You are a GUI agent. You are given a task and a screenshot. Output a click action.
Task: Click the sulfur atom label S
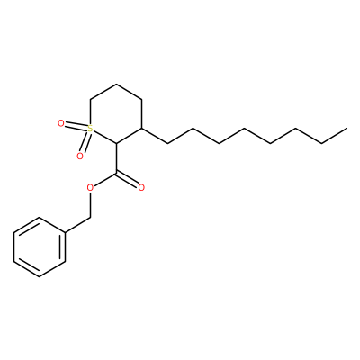coord(90,129)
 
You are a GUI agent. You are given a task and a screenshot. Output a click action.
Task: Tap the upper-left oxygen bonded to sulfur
coord(61,123)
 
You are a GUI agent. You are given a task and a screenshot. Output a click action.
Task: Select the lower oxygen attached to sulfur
coord(79,156)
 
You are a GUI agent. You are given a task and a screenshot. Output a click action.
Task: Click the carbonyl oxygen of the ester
coord(141,188)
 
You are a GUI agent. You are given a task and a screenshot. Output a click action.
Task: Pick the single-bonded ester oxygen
coord(90,188)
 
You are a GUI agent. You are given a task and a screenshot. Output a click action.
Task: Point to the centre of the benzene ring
coord(40,247)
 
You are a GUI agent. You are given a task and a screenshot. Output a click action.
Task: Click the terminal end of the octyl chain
coord(347,129)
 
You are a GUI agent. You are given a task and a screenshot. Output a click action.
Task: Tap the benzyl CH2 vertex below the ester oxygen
coord(90,218)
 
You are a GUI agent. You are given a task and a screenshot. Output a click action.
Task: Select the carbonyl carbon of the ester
coord(116,173)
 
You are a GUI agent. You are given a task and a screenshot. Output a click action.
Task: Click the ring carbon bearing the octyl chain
coord(141,129)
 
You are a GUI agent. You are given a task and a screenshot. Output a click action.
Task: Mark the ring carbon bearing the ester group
coord(116,143)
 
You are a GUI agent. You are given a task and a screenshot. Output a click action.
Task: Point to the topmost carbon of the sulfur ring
coord(116,84)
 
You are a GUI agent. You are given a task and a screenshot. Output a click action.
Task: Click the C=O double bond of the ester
coord(128,179)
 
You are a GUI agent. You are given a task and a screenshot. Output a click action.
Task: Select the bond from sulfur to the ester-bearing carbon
coord(104,137)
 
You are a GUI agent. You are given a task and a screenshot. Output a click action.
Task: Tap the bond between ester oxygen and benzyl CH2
coord(90,205)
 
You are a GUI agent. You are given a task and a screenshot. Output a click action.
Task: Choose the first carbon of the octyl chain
coord(167,143)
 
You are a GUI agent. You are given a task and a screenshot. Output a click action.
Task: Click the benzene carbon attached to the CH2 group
coord(65,232)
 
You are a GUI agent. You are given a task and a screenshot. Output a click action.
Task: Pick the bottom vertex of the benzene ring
coord(40,276)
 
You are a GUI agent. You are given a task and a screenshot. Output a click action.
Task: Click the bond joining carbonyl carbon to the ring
coord(116,158)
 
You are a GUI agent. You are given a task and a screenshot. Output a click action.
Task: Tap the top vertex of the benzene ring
coord(40,218)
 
